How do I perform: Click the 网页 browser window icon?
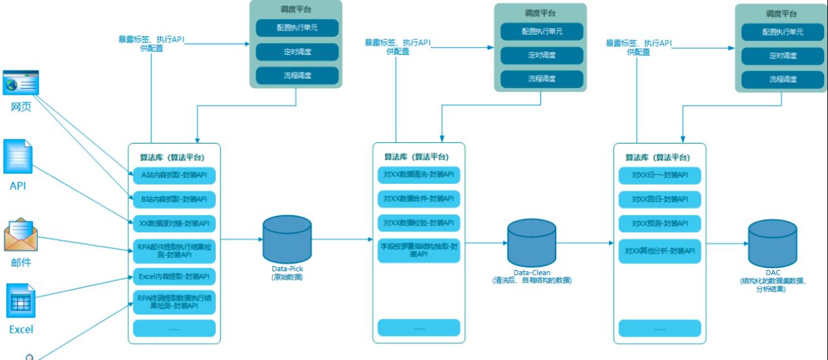tap(21, 83)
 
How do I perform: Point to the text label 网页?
tap(21, 106)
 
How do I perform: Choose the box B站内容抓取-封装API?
tap(174, 199)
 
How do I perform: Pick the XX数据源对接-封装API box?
tap(174, 223)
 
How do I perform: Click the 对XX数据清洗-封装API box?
tap(419, 175)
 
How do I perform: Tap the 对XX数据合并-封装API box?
tap(419, 198)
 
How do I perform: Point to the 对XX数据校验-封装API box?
tap(419, 223)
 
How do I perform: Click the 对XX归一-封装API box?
tap(660, 175)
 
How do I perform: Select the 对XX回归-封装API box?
tap(660, 198)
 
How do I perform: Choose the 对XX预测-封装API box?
tap(660, 223)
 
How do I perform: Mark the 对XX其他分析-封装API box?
tap(660, 250)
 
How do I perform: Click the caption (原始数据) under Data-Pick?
tap(288, 277)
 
